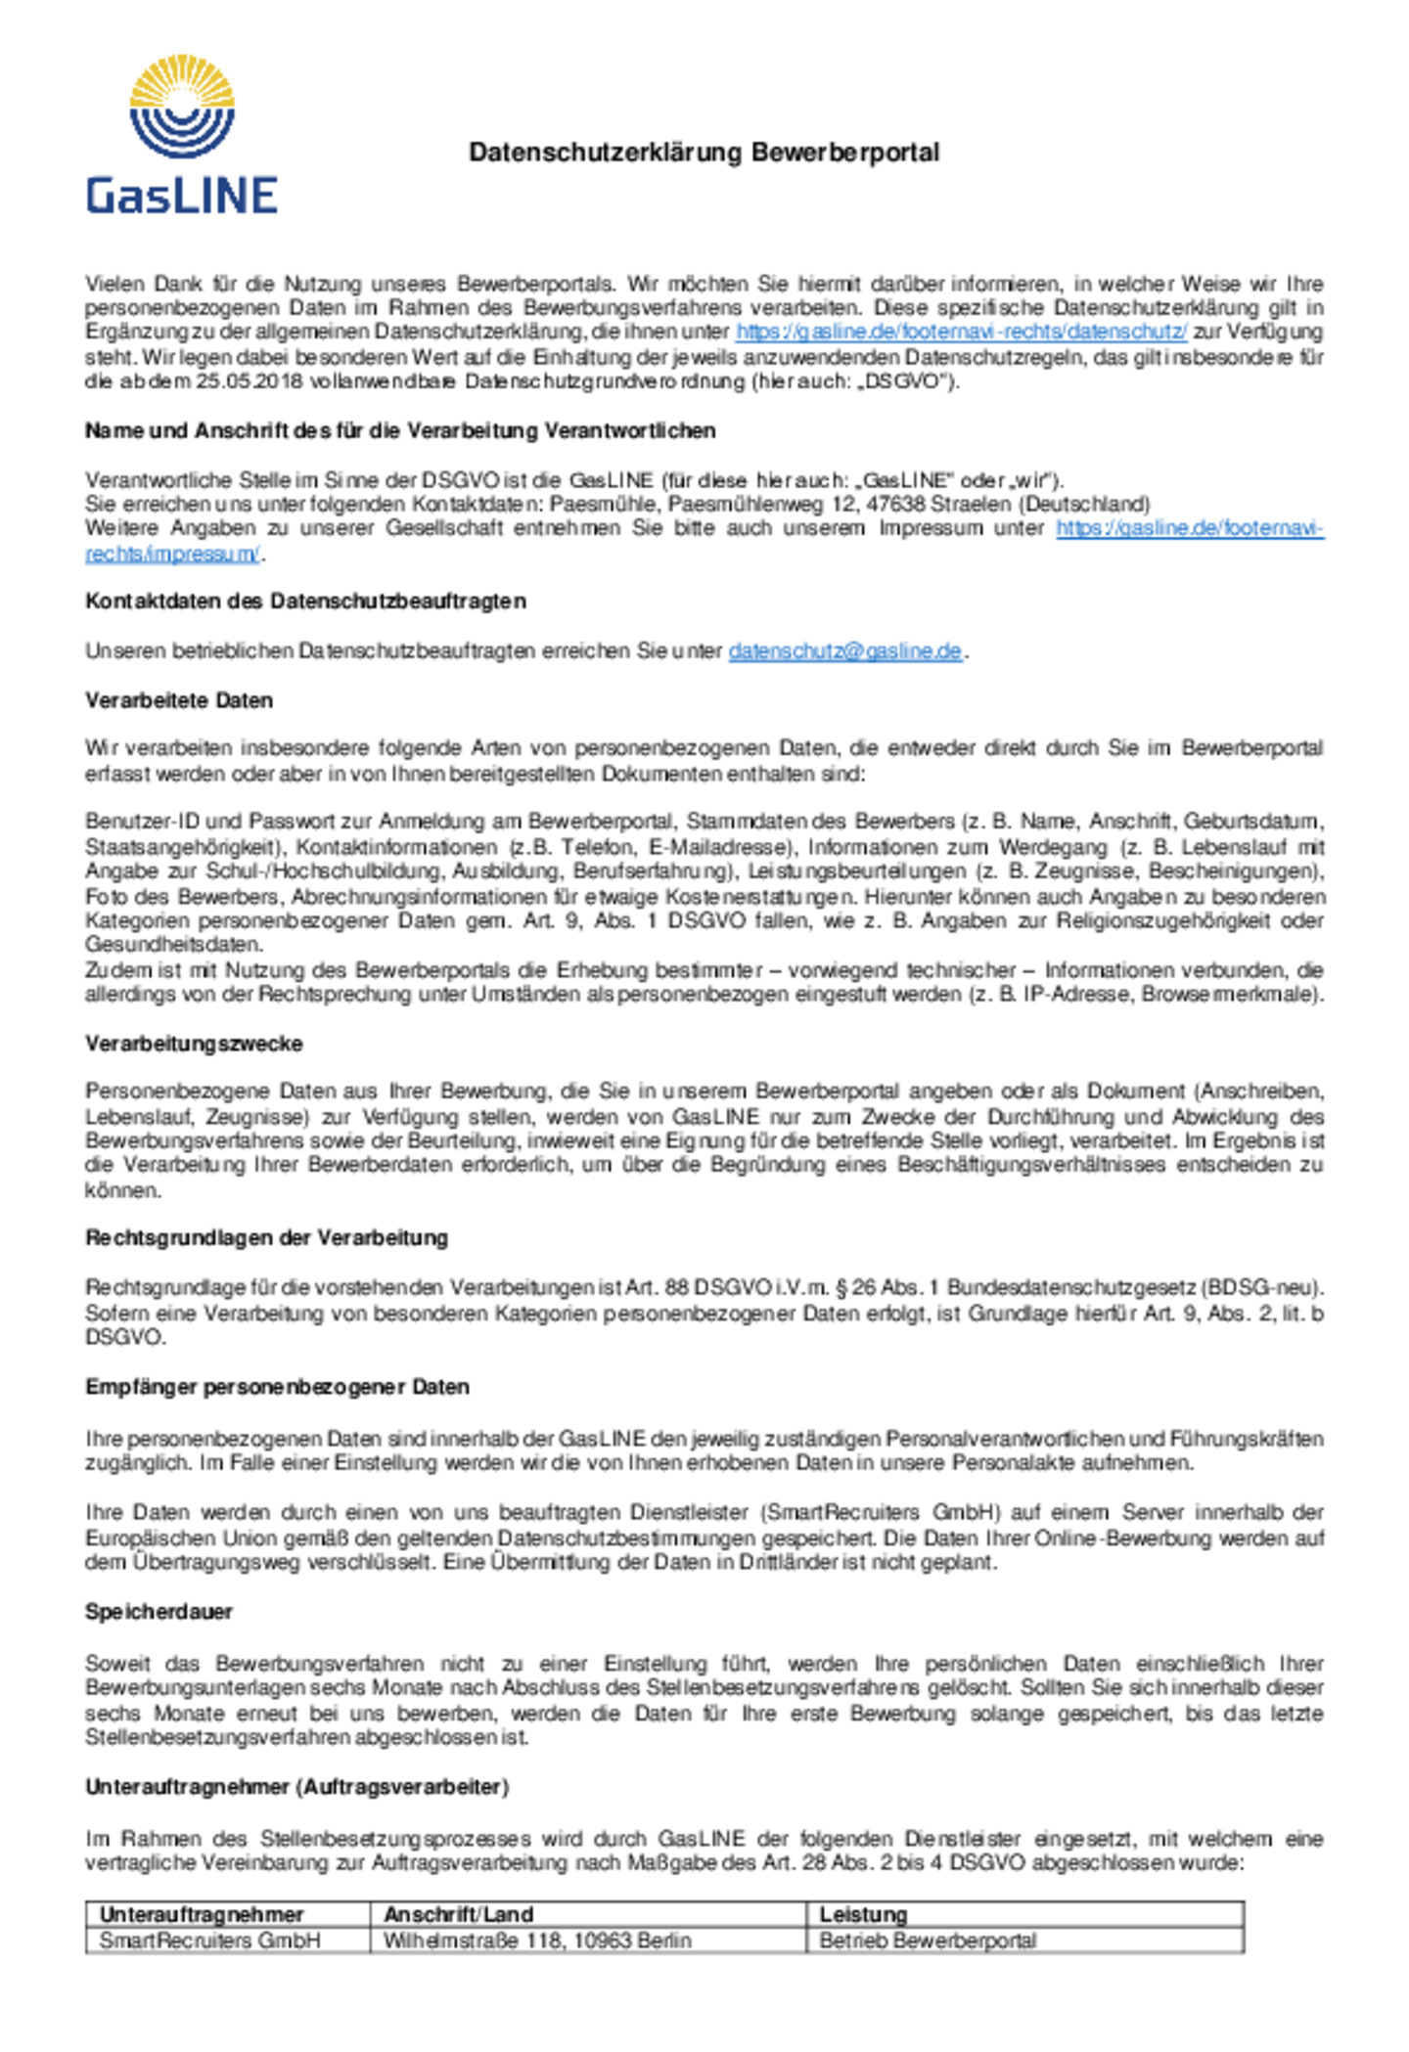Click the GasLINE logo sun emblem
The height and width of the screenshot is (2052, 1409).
[182, 106]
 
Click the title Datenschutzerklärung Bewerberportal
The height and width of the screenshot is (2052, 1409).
[704, 153]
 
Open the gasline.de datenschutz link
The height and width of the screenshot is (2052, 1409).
[961, 332]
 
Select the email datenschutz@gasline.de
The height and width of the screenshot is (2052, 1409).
[844, 651]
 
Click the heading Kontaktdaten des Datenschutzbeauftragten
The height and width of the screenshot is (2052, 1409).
[305, 602]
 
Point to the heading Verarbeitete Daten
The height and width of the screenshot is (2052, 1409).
[179, 700]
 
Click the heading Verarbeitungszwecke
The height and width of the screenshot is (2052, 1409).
[194, 1044]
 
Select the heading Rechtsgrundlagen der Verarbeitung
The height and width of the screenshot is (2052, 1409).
[266, 1238]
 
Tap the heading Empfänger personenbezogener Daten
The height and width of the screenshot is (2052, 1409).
[277, 1387]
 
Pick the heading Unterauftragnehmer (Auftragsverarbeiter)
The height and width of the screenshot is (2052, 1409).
[296, 1787]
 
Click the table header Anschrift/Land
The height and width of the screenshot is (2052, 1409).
[458, 1914]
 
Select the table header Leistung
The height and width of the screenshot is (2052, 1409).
[863, 1914]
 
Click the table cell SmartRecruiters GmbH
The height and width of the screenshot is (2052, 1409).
[209, 1940]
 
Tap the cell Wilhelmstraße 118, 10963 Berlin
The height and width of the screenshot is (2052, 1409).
[537, 1940]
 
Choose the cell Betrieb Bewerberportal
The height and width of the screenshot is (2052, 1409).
[928, 1940]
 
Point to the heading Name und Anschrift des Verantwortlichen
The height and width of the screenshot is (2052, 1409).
[400, 431]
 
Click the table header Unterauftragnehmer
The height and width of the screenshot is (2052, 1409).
[202, 1914]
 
